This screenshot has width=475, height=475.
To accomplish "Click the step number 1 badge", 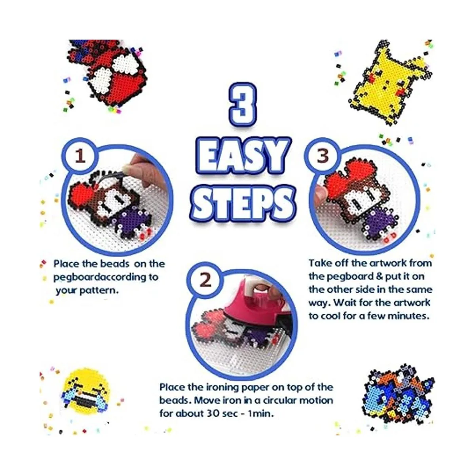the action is (x=80, y=156).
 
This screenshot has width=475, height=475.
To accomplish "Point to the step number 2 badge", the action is (x=205, y=280).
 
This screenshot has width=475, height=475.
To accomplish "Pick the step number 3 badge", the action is (x=323, y=156).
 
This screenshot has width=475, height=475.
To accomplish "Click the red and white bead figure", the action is (x=108, y=74).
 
